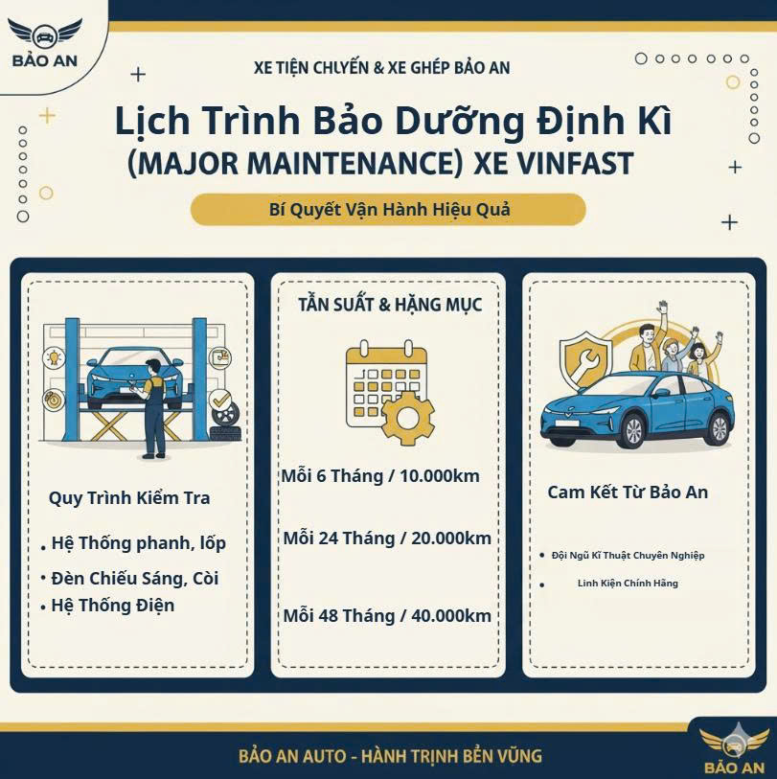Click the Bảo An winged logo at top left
[x=45, y=43]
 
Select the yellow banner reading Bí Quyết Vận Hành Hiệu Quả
[x=388, y=209]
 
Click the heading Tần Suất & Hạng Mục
[x=390, y=305]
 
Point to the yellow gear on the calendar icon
[x=407, y=419]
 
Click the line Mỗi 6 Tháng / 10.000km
[x=380, y=476]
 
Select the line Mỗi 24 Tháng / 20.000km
[x=387, y=538]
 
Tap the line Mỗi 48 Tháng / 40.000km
[x=387, y=615]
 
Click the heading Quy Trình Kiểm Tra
[x=129, y=498]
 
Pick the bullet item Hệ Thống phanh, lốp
[x=139, y=543]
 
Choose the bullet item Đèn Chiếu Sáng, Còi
[x=135, y=579]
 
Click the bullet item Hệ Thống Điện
[x=113, y=606]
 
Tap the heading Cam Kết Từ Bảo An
[x=628, y=493]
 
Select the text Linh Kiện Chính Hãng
[x=628, y=584]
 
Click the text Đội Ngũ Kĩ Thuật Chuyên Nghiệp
[x=628, y=556]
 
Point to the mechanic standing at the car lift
[x=152, y=408]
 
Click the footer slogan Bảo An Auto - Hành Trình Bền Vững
[x=390, y=756]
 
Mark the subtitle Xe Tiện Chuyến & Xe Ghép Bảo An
[x=381, y=68]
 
